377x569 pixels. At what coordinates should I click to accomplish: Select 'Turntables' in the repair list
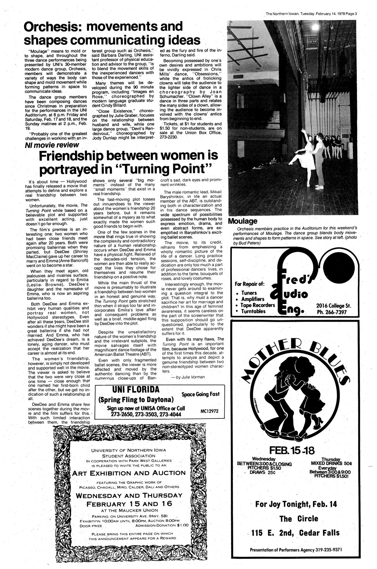(255, 312)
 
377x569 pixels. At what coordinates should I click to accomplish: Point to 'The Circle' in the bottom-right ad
(295, 518)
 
